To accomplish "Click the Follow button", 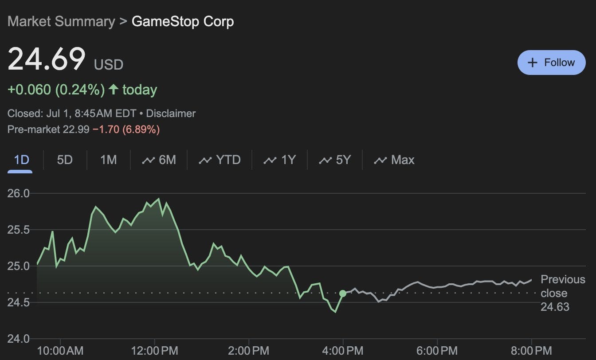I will click(551, 63).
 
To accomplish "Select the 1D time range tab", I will click(21, 160).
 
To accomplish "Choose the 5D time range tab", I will click(65, 160).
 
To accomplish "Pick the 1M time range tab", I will click(108, 160).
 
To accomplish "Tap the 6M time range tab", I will click(159, 160).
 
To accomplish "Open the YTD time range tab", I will click(220, 160).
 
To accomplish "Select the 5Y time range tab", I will click(335, 160).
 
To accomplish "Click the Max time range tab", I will click(394, 160).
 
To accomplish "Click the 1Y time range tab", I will click(280, 160).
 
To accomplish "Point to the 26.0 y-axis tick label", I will click(18, 193).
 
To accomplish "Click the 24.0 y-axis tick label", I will click(18, 339).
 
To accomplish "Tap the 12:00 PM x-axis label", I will click(154, 351).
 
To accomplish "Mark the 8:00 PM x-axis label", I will click(531, 351).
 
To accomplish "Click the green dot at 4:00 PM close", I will click(343, 293).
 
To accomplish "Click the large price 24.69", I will click(47, 59).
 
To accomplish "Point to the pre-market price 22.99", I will click(78, 129).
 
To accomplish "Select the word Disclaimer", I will click(171, 113).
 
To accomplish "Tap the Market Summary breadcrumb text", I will click(61, 22).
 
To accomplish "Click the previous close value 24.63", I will click(555, 307).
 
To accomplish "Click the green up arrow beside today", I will click(114, 90).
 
